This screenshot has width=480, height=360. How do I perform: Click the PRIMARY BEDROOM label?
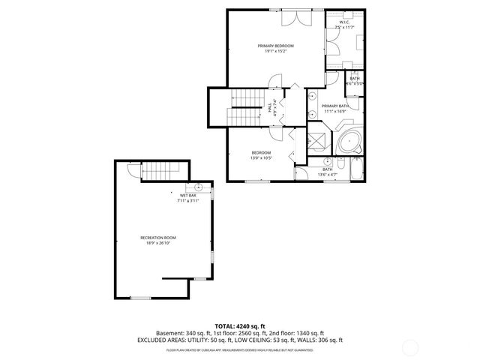(275, 46)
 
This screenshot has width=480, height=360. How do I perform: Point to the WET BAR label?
(187, 196)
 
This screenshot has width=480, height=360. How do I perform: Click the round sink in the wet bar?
(199, 188)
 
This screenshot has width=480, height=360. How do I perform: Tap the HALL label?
(270, 106)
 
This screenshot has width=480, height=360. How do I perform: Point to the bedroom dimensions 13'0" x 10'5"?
(261, 158)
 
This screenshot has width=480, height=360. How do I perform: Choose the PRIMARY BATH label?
(335, 106)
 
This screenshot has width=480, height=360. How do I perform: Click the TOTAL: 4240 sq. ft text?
(239, 326)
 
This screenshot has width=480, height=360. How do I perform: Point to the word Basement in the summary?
(169, 333)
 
